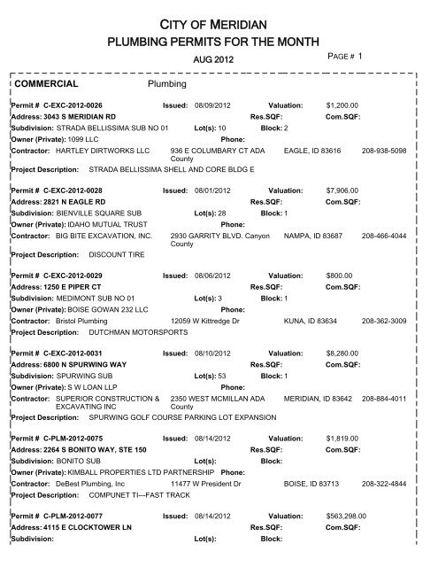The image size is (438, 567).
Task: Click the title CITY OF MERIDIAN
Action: [219, 20]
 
